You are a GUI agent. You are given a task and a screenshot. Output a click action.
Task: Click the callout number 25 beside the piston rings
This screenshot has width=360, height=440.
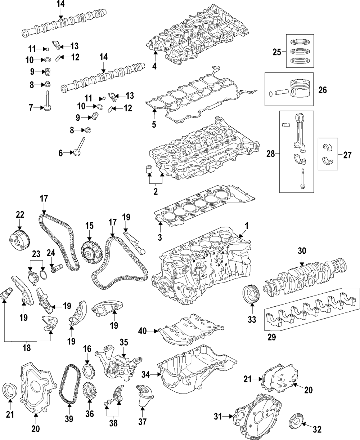277,52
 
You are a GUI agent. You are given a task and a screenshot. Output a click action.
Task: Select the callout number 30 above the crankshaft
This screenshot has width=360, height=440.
302,250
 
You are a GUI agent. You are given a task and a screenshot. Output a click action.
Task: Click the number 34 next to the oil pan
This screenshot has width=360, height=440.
146,375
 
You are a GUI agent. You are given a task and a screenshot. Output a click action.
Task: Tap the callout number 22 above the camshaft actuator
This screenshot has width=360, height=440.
20,215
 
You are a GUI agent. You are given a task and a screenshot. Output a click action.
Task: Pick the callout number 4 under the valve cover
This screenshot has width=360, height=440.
154,66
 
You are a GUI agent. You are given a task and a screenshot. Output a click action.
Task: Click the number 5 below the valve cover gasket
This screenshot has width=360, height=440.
154,124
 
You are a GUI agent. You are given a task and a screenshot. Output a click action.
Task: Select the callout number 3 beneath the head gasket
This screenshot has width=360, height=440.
160,237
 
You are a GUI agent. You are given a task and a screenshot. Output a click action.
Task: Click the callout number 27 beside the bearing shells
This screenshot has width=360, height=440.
347,155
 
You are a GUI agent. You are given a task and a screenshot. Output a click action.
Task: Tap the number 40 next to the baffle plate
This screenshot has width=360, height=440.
143,331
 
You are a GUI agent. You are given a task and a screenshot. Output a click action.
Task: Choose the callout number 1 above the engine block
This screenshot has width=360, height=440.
247,226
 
